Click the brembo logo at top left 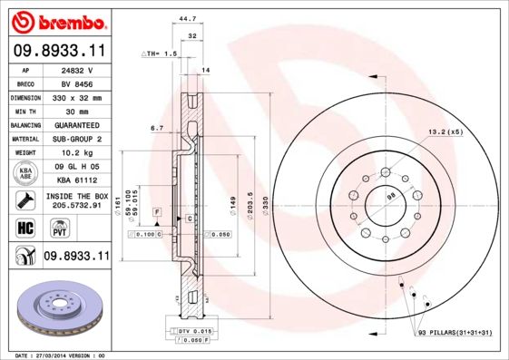[61, 21]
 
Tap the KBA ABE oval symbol [26, 173]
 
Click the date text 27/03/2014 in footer [58, 355]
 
